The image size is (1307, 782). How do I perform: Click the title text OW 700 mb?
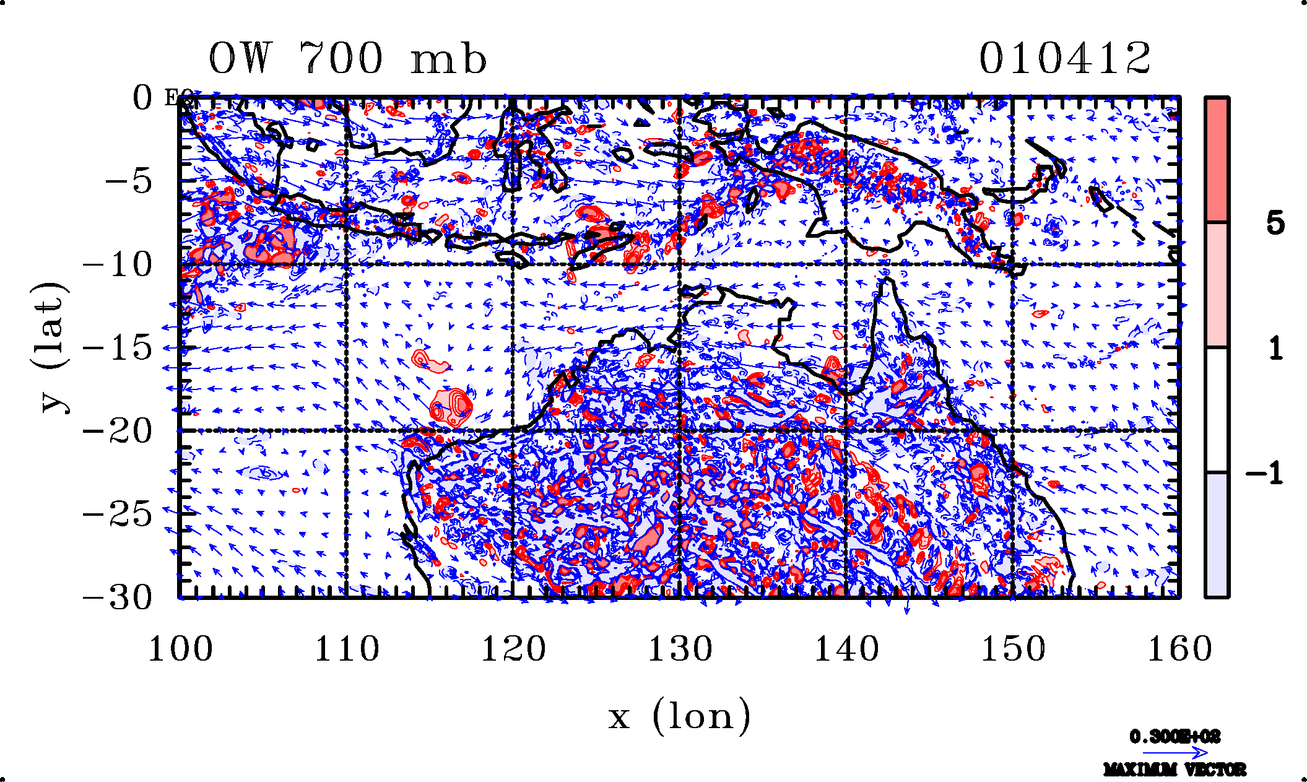[x=347, y=59]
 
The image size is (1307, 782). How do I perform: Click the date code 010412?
[x=1064, y=59]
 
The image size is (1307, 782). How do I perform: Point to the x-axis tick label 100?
[x=180, y=649]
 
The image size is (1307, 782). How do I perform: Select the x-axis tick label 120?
[x=513, y=649]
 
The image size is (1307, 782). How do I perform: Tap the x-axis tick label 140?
[x=846, y=649]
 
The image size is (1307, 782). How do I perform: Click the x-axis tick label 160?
[x=1179, y=649]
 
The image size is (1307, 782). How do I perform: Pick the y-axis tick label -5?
[x=128, y=182]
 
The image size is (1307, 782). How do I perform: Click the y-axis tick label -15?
[x=118, y=348]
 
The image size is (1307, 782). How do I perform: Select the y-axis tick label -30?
[x=118, y=598]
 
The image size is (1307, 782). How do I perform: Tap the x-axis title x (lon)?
[x=679, y=717]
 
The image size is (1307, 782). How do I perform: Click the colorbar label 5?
[x=1275, y=223]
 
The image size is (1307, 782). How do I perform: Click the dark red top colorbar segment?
[x=1217, y=160]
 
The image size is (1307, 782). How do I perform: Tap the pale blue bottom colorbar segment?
[x=1217, y=535]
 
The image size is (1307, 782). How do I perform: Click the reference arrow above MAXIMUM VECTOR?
[x=1175, y=753]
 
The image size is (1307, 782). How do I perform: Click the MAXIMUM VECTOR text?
[x=1175, y=770]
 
